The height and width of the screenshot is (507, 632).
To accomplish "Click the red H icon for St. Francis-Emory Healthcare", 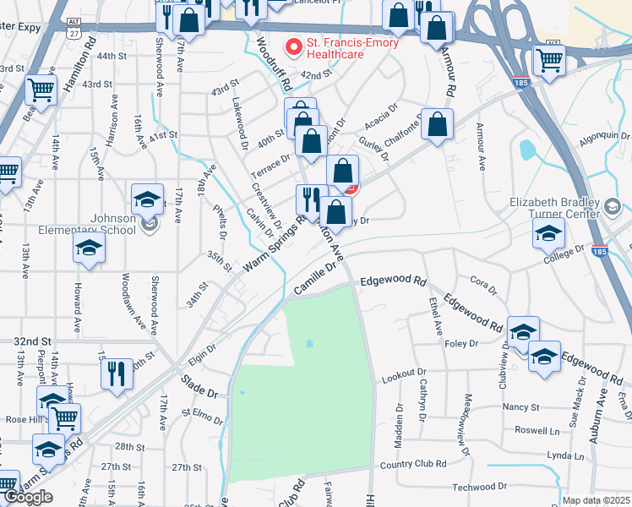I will pyautogui.click(x=294, y=46).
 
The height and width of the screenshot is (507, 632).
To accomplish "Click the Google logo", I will pyautogui.click(x=27, y=497).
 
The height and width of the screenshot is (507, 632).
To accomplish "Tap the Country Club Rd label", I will pyautogui.click(x=413, y=464).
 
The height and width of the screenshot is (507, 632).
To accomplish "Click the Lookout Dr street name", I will pyautogui.click(x=404, y=373).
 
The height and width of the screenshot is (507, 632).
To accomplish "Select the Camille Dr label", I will pyautogui.click(x=315, y=278).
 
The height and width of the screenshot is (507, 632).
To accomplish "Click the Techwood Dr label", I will pyautogui.click(x=478, y=487).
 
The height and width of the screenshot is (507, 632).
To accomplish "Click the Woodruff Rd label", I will pyautogui.click(x=274, y=64).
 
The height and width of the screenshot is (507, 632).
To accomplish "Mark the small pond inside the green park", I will pyautogui.click(x=310, y=344).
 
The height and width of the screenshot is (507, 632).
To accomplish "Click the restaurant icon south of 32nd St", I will pyautogui.click(x=117, y=373).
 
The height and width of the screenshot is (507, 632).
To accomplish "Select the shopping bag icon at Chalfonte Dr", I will pyautogui.click(x=438, y=125).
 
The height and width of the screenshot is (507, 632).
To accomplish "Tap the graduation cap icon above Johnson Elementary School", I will pyautogui.click(x=148, y=200).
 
